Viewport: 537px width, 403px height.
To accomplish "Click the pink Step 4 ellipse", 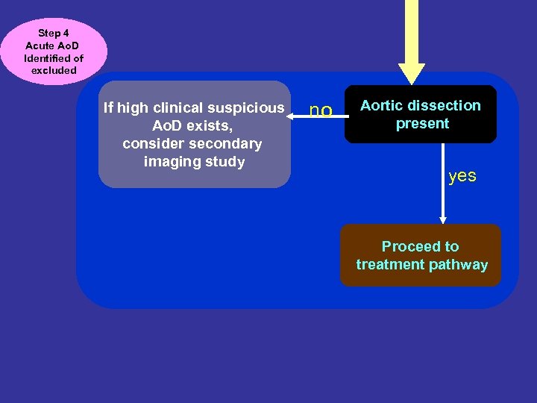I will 54,51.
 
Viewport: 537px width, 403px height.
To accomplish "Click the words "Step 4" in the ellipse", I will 54,34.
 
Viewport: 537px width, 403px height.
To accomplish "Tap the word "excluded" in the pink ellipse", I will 54,70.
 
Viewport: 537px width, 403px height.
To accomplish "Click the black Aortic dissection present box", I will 420,115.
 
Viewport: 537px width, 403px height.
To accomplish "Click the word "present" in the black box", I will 422,124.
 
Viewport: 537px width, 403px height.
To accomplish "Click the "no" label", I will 321,111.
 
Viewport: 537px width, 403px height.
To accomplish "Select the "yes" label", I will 462,176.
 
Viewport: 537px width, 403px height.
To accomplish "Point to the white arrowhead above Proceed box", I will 443,219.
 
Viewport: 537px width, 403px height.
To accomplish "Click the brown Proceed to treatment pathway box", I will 421,255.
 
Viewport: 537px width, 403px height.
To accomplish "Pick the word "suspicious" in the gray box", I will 250,108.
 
